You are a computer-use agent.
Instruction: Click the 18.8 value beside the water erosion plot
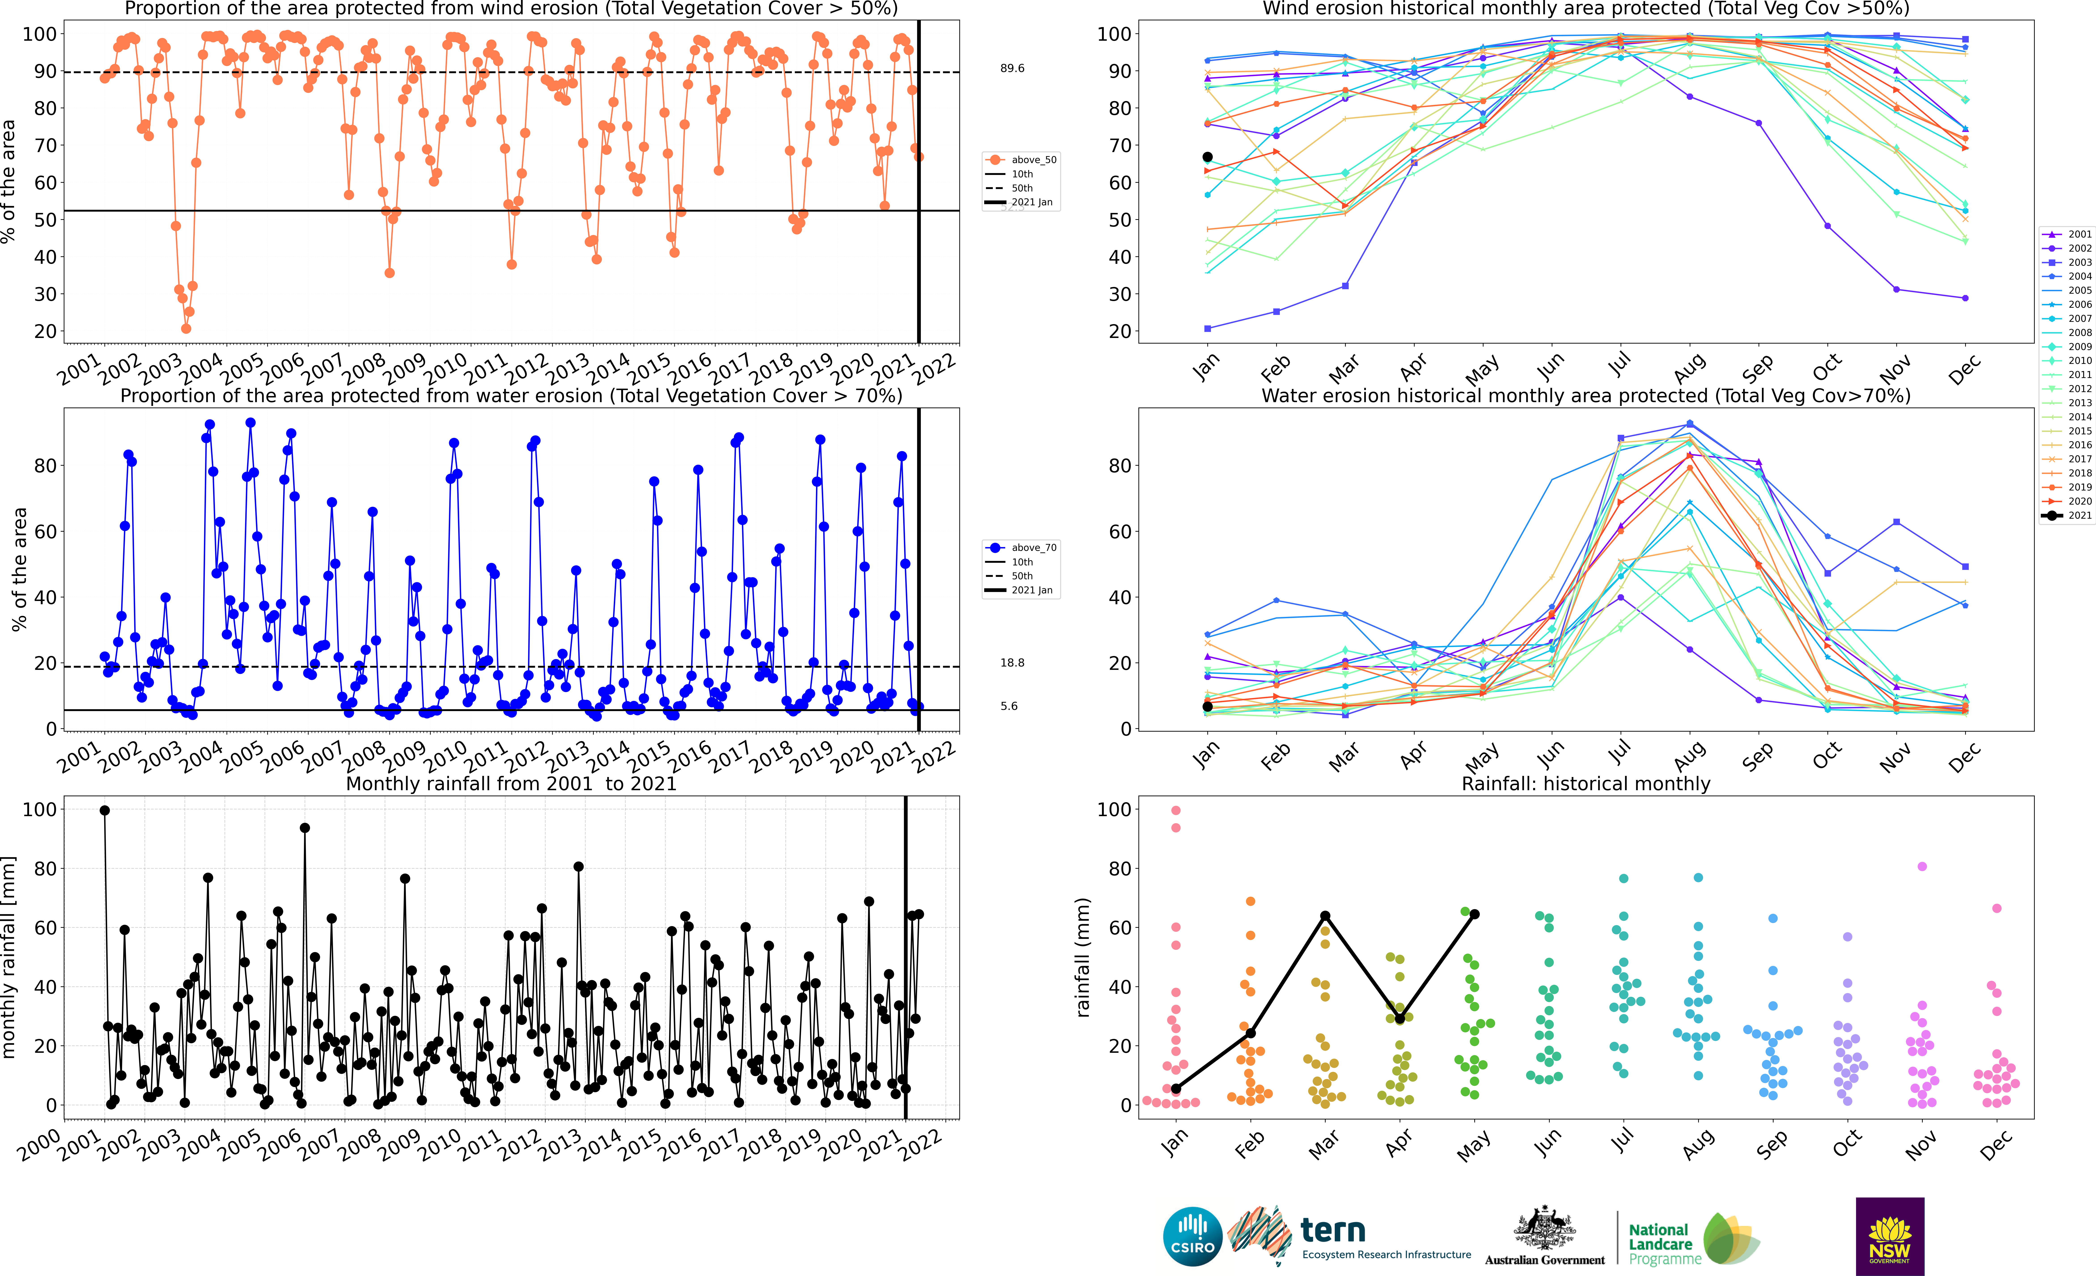tap(1012, 663)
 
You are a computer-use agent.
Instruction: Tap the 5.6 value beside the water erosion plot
tap(1009, 706)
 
